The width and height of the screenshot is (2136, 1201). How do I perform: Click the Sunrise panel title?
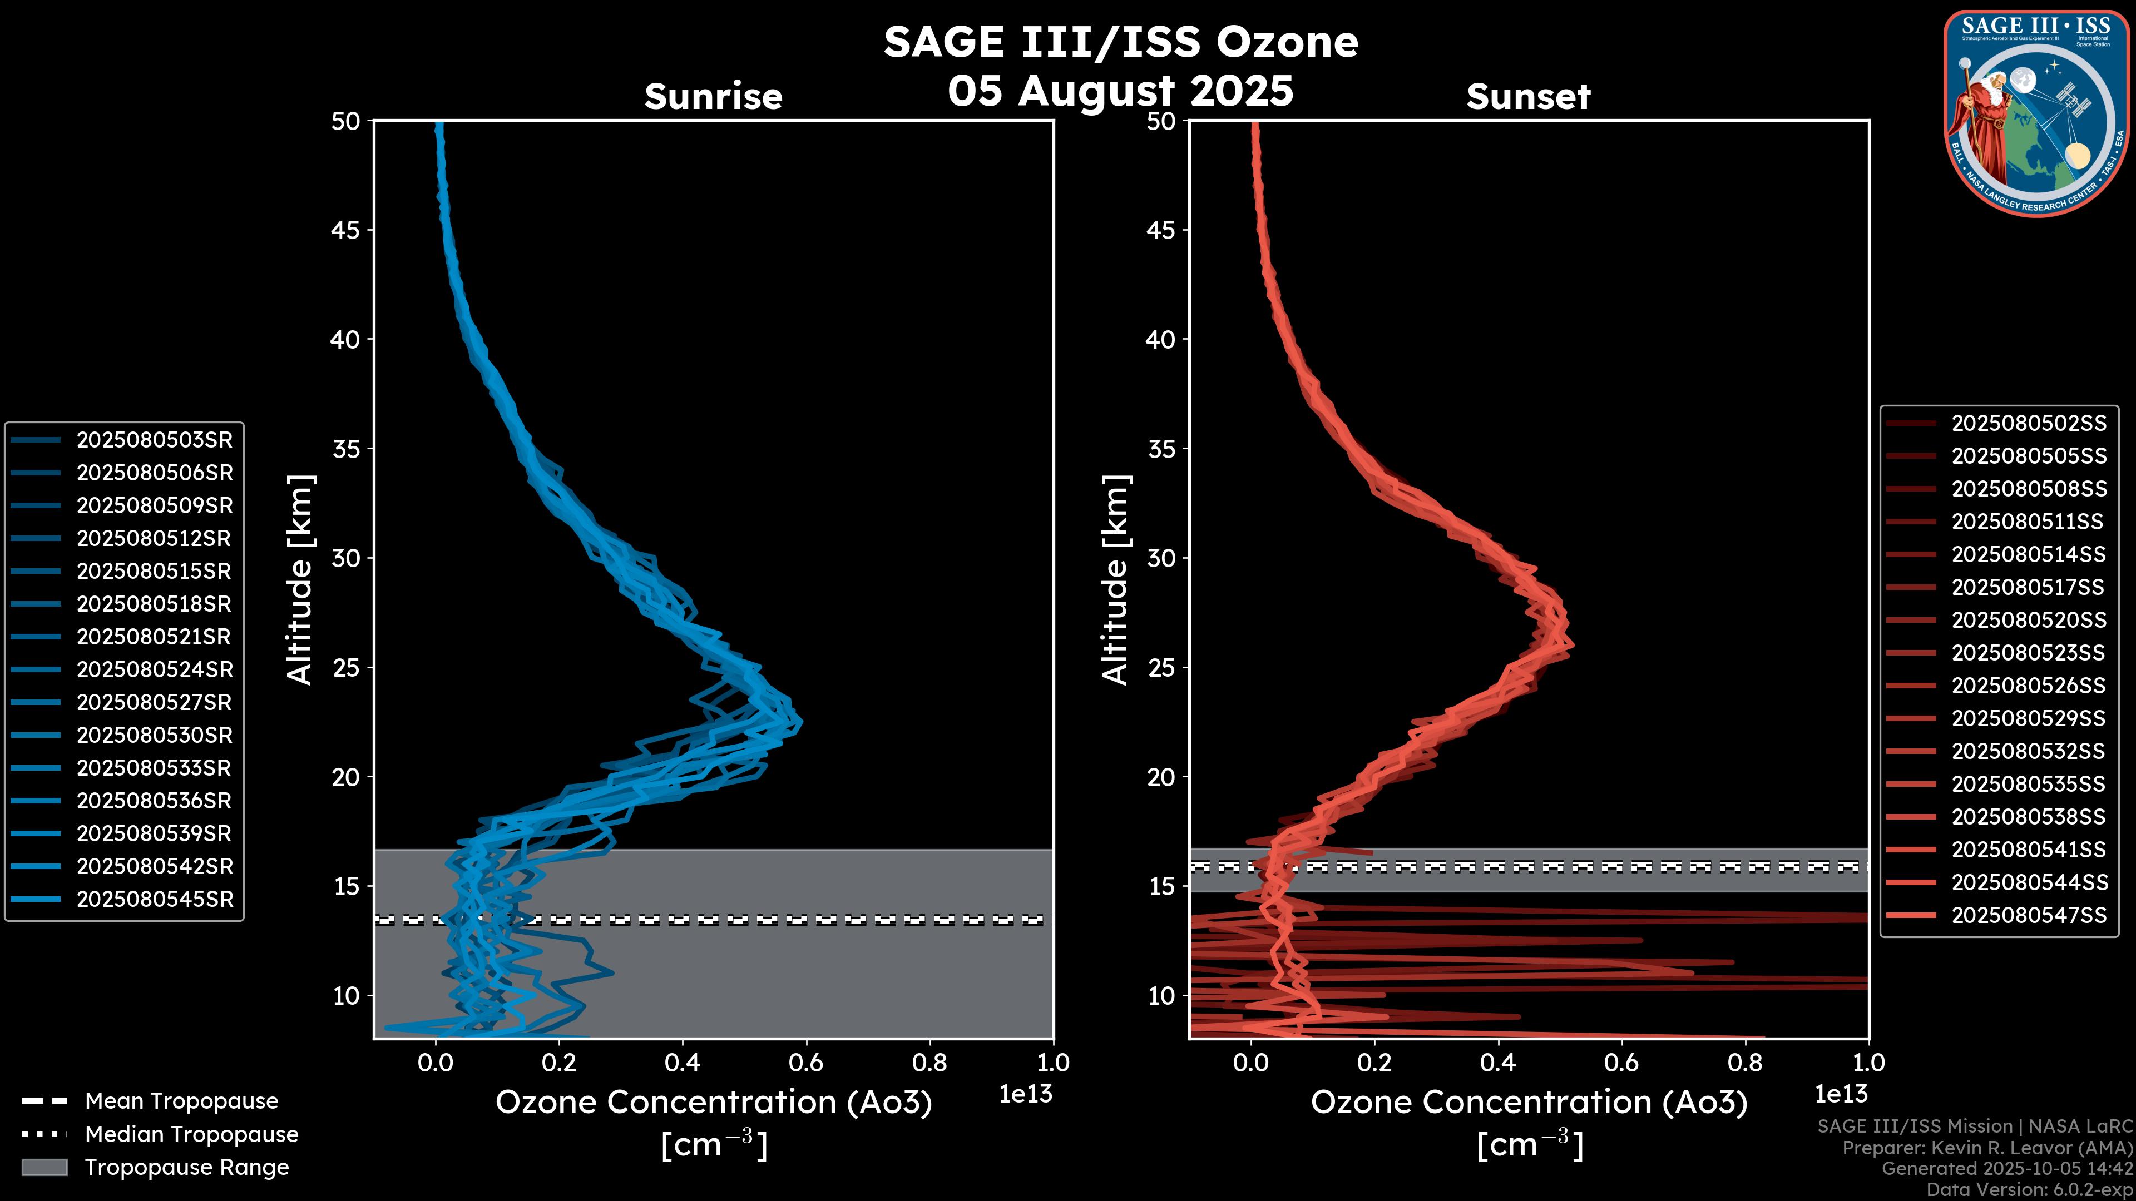[713, 96]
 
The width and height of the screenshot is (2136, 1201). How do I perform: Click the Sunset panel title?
[1528, 96]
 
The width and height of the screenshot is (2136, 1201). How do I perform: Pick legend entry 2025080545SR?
[154, 899]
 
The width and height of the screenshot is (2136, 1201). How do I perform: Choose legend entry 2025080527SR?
[154, 702]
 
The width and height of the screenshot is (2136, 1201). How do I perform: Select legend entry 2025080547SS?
[2028, 915]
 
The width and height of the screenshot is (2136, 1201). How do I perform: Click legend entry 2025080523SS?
[2028, 652]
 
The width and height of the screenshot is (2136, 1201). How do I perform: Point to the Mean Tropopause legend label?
[181, 1101]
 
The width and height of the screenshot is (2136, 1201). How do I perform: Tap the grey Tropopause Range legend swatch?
[44, 1167]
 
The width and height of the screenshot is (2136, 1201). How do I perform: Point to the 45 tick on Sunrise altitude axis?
[346, 230]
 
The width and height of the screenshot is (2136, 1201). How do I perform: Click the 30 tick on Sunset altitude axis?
[1161, 558]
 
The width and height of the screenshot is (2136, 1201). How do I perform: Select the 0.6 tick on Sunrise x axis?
[806, 1062]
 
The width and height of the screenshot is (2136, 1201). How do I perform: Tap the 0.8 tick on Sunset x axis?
[1744, 1062]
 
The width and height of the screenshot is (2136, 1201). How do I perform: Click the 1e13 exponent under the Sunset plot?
[1841, 1094]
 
